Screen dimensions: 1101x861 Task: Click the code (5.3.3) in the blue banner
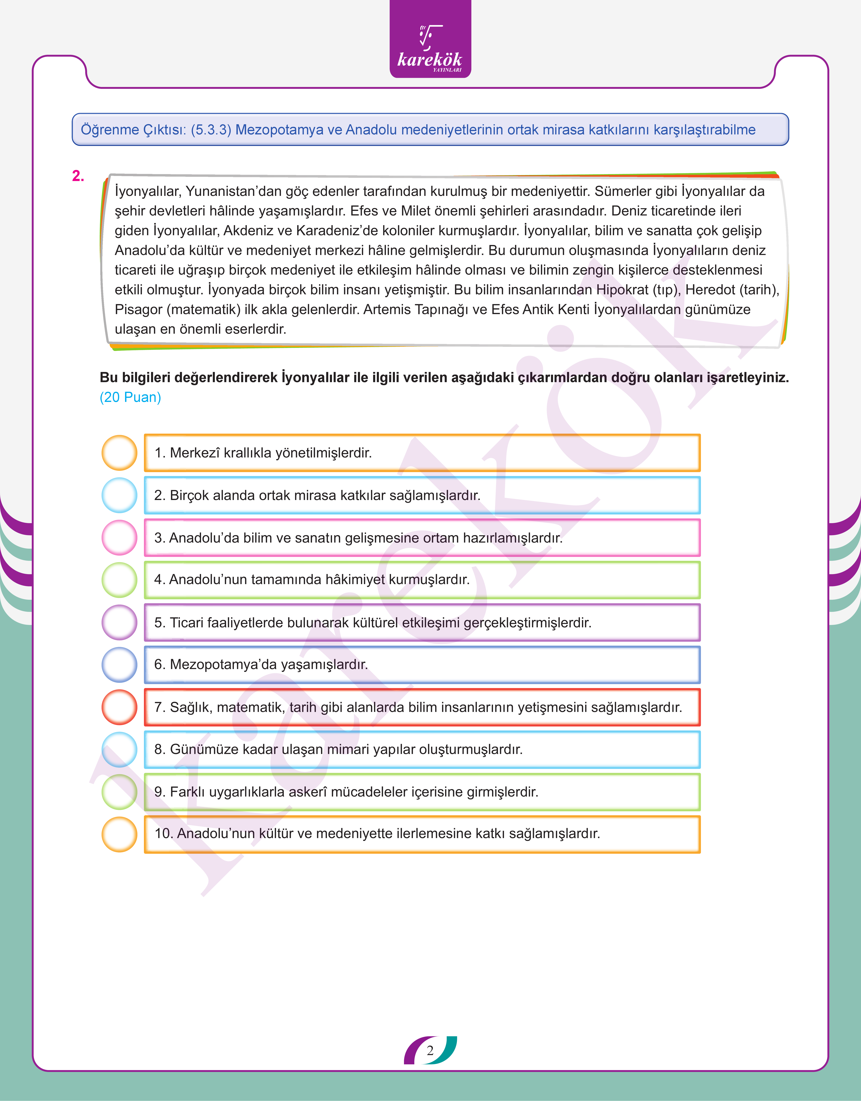(x=211, y=130)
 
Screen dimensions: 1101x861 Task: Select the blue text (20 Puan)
(x=130, y=398)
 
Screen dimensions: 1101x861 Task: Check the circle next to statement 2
(x=119, y=495)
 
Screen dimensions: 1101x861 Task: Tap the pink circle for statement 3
(x=119, y=538)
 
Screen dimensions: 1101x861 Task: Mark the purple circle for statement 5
(x=119, y=622)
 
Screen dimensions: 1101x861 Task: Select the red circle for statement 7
(x=119, y=707)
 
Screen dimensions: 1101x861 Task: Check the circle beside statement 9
(x=119, y=792)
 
